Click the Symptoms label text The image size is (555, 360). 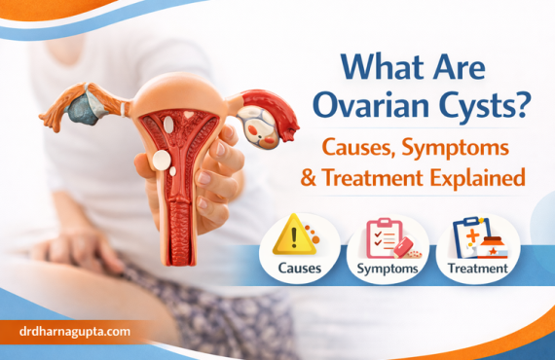tap(388, 267)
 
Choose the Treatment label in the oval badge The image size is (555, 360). tap(476, 267)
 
